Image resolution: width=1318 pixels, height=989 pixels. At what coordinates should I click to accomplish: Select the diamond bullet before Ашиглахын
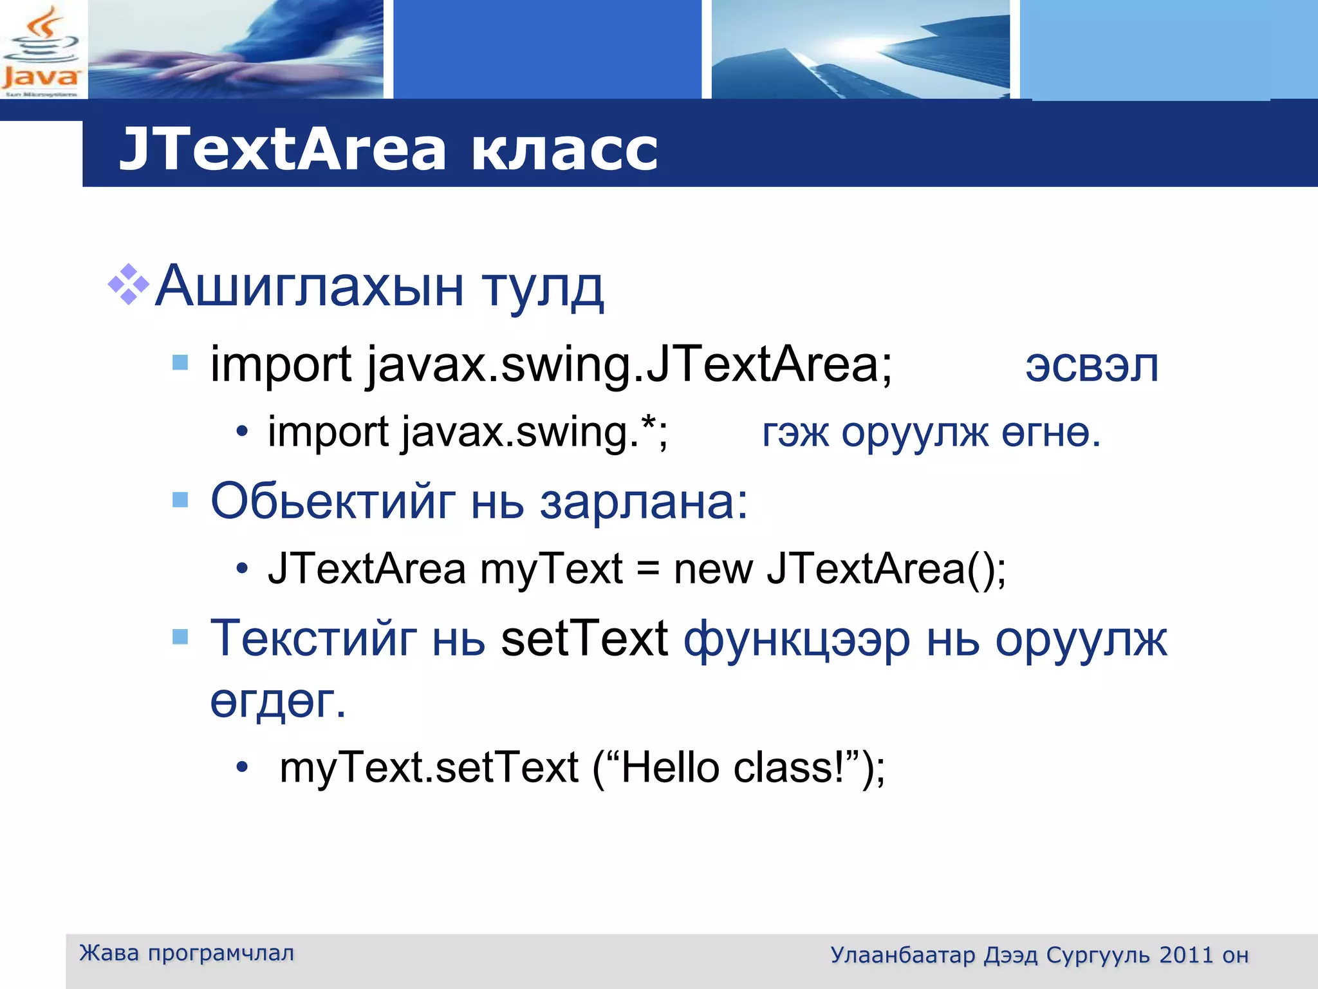point(129,284)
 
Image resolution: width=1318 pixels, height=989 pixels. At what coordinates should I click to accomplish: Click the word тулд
point(543,288)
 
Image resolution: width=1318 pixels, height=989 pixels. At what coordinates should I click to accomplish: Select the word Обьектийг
point(333,502)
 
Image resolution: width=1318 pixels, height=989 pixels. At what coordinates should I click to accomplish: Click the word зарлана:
point(644,503)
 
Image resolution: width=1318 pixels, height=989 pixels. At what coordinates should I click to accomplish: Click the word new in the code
point(713,570)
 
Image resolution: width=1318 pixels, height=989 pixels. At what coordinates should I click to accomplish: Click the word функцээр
point(796,641)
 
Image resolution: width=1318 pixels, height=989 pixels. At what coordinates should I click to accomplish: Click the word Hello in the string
point(669,768)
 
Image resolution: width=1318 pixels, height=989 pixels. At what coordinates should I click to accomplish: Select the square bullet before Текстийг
point(180,637)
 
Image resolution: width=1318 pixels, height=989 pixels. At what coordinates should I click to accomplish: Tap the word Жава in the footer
point(109,953)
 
